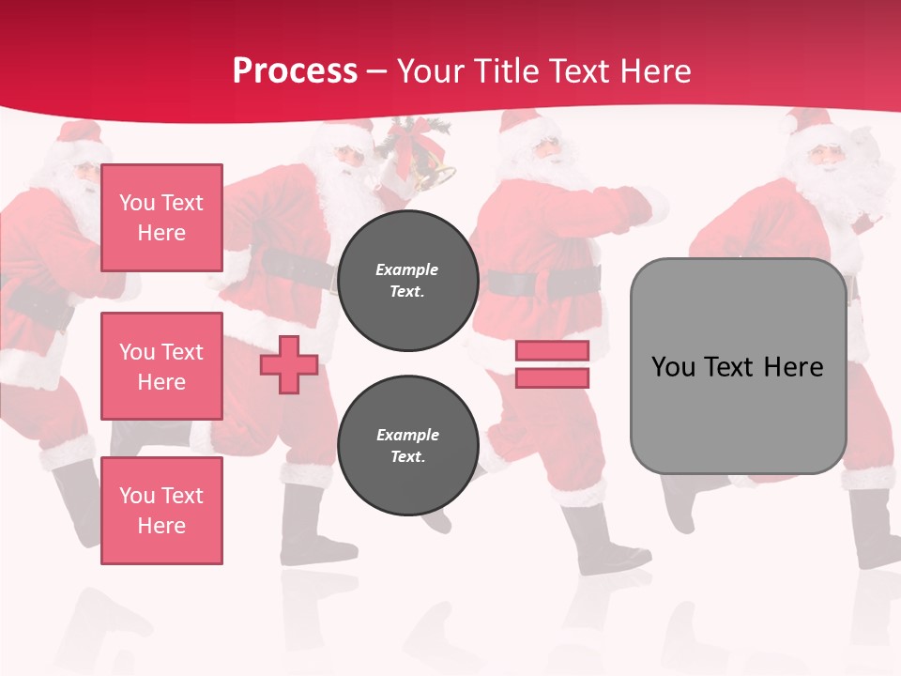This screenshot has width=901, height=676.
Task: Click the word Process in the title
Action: click(295, 71)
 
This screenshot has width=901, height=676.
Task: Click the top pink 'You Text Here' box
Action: click(161, 218)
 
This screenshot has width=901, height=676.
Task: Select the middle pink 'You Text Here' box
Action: click(161, 366)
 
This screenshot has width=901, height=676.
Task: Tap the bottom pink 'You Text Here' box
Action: click(161, 511)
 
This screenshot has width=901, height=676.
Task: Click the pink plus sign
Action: click(289, 364)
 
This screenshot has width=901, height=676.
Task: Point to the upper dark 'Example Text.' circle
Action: click(407, 281)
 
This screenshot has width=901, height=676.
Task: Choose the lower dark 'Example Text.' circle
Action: click(407, 446)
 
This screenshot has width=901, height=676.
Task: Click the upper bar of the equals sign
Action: click(552, 351)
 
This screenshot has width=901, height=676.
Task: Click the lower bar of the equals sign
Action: click(552, 377)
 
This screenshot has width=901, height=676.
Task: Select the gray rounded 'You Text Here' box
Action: click(738, 366)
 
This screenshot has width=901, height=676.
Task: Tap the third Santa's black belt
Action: click(544, 281)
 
